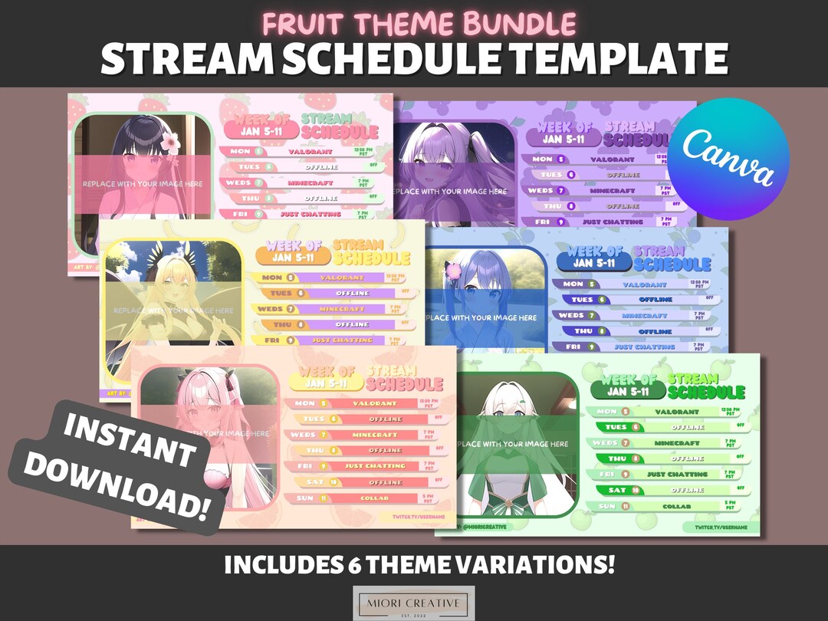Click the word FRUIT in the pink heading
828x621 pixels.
coord(300,23)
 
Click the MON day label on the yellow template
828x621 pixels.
coord(272,278)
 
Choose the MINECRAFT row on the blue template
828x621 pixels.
coord(644,315)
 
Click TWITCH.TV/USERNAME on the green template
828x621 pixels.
coord(721,528)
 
